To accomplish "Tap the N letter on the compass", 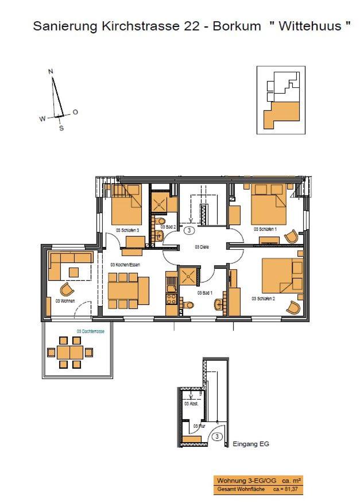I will [x=51, y=71].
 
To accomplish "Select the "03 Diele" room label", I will [x=201, y=247].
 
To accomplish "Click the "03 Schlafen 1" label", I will [x=265, y=229].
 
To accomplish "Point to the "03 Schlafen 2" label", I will [x=263, y=299].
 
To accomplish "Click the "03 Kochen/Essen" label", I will [x=126, y=265].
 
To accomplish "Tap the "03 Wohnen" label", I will [x=65, y=300].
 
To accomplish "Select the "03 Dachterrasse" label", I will [x=90, y=331].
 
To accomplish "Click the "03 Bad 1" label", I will [x=204, y=293].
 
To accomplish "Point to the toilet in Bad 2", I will [x=160, y=221].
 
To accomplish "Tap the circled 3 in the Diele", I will [x=188, y=230].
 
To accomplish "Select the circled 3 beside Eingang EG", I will [x=217, y=436].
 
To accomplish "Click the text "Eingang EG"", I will [x=251, y=444].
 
